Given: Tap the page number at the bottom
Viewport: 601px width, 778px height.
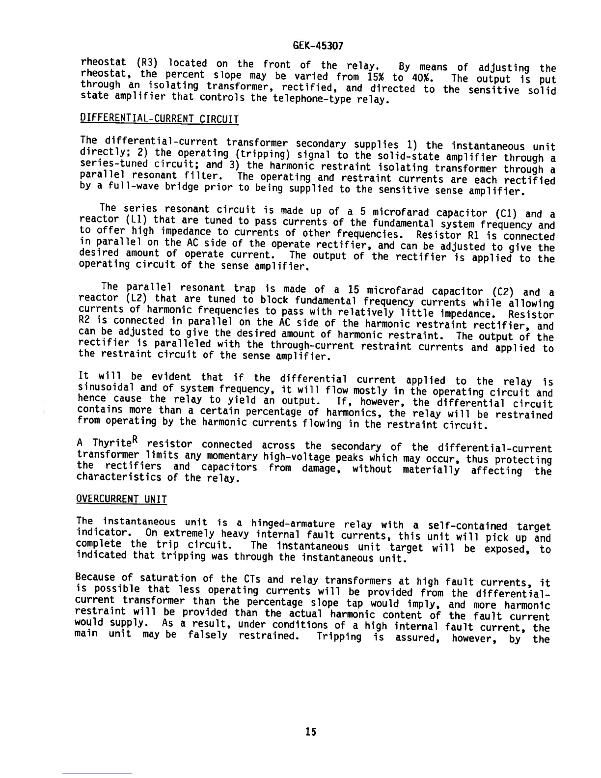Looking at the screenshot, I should pyautogui.click(x=310, y=731).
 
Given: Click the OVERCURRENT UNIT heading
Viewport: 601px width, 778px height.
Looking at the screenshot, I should pyautogui.click(x=122, y=500).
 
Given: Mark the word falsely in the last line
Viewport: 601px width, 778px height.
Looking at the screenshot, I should pyautogui.click(x=208, y=635).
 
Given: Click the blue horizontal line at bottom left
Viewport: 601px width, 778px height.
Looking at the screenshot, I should pyautogui.click(x=97, y=774).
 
